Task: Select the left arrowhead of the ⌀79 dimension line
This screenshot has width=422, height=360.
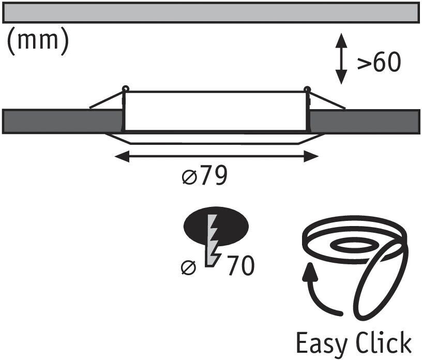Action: pos(120,156)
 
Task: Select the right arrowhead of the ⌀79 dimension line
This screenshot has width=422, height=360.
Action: pos(312,156)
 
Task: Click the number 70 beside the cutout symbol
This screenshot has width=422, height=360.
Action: pos(239,266)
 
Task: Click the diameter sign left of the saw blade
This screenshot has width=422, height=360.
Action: pos(189,268)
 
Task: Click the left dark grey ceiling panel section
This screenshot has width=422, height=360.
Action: pos(62,122)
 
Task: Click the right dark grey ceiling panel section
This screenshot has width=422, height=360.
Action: pos(365,122)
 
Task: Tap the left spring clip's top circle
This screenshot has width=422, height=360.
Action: pos(125,88)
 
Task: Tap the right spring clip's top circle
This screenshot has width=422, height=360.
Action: pos(307,88)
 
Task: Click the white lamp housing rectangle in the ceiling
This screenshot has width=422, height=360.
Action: pos(216,111)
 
